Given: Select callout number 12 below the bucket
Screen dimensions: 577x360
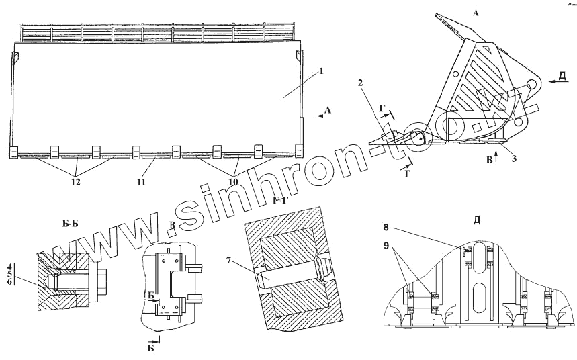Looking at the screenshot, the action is pos(76,181).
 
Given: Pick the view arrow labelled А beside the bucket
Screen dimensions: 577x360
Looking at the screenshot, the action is pos(324,115).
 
